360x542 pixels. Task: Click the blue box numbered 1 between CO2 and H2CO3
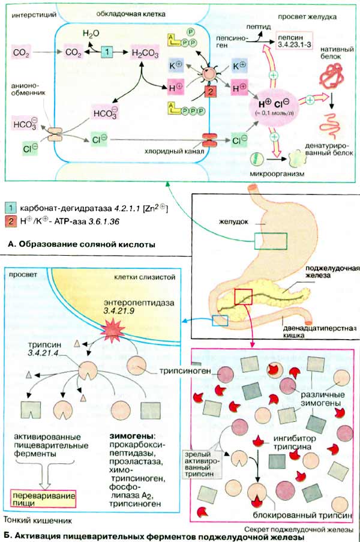[106, 52]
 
